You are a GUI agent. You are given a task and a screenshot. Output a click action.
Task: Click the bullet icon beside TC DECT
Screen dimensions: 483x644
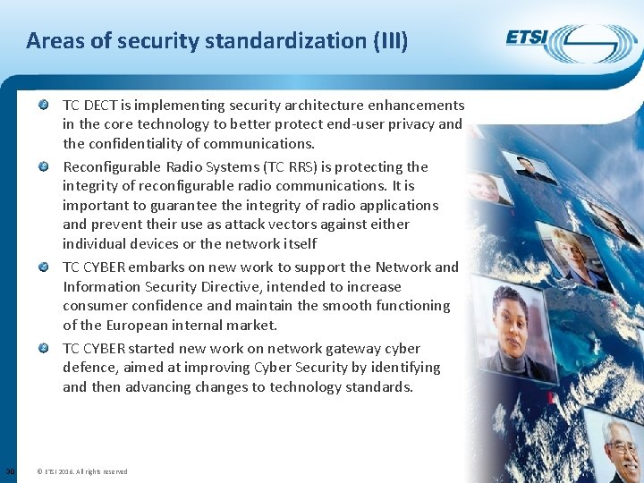(44, 105)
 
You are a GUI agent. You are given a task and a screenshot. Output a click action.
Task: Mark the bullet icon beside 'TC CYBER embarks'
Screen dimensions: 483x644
(44, 267)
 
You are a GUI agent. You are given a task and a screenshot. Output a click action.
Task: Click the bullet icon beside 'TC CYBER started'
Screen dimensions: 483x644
(44, 348)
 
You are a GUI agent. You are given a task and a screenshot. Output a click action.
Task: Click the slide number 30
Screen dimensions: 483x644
(9, 471)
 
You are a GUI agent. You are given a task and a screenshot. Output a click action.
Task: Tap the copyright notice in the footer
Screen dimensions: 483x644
(82, 471)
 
